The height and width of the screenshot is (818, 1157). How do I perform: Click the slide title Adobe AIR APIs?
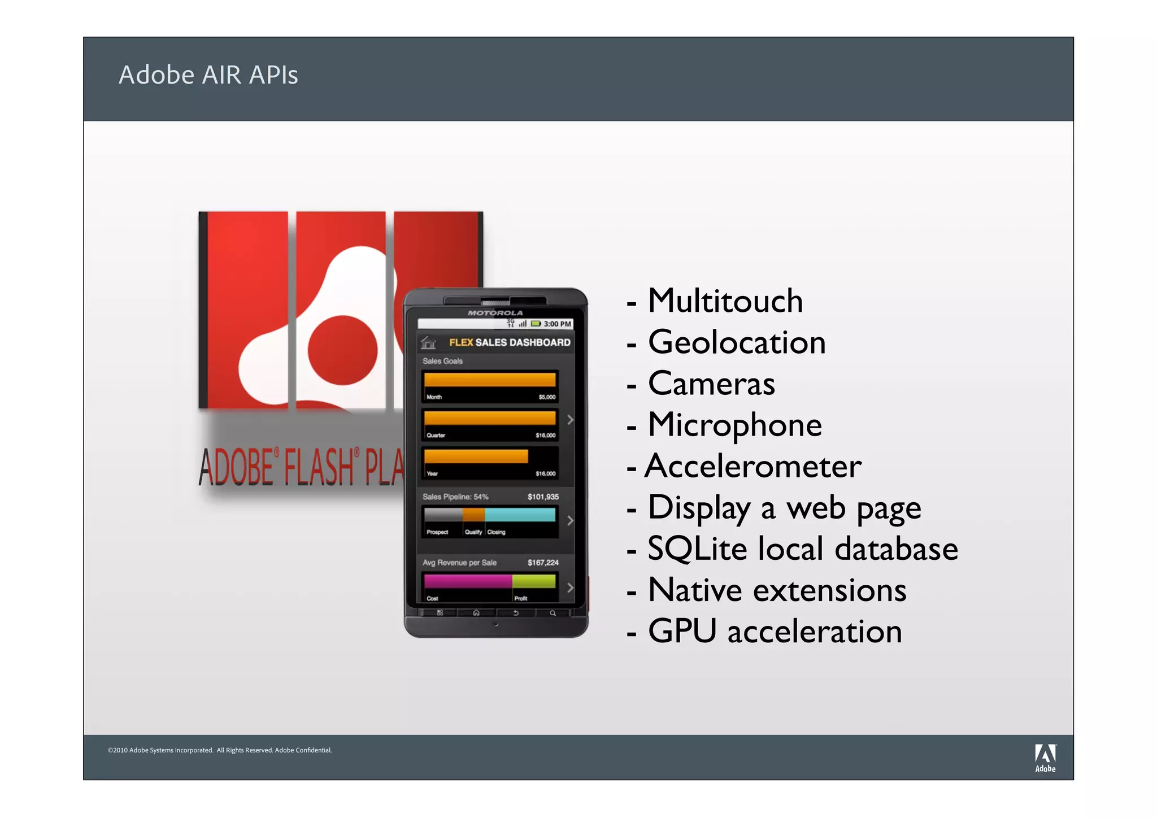point(208,75)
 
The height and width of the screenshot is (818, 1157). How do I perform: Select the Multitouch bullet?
point(725,301)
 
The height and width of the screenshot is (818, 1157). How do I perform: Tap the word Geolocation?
point(737,342)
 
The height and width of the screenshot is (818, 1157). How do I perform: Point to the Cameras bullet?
point(711,384)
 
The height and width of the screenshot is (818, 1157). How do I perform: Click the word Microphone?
point(734,425)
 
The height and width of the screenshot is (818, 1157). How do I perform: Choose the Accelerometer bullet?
point(753,467)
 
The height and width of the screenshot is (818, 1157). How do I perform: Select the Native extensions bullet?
point(777,590)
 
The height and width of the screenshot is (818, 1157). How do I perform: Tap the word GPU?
point(682,631)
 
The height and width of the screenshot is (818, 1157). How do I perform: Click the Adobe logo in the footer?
point(1045,757)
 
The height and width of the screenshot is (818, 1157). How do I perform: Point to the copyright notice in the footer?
point(220,750)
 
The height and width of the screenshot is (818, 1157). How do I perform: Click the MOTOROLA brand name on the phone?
point(495,313)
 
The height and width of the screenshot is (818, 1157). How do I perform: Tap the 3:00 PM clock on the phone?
point(557,324)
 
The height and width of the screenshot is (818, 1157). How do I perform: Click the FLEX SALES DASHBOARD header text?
point(509,342)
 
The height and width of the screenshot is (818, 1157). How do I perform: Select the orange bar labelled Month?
point(489,380)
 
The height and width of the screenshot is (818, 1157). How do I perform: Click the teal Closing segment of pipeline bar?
point(520,515)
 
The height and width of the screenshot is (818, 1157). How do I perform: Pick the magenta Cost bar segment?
point(467,581)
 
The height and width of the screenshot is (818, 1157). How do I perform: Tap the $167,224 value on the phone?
point(543,563)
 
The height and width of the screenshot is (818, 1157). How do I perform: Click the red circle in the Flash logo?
point(342,350)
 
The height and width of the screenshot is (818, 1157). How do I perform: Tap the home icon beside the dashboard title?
point(428,342)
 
